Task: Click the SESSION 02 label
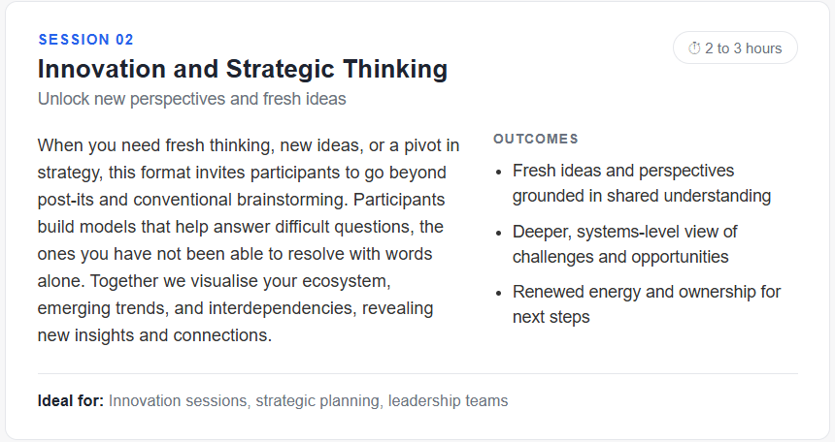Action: click(x=85, y=40)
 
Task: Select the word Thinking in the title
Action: click(x=395, y=69)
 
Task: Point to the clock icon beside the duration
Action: click(x=694, y=48)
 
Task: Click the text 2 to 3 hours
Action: click(x=744, y=48)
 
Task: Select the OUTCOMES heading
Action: click(x=536, y=139)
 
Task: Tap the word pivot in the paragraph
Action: click(x=422, y=145)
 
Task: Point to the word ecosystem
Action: click(x=347, y=281)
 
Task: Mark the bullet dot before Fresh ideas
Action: click(x=498, y=173)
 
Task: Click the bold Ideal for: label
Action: click(x=71, y=401)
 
